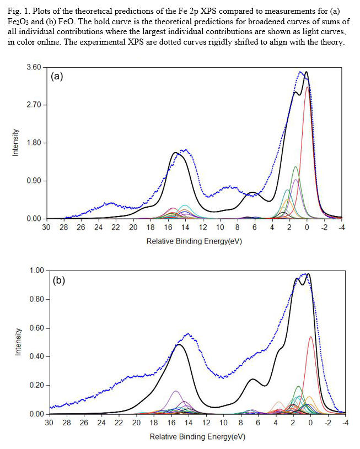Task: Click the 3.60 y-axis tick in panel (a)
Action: (34, 67)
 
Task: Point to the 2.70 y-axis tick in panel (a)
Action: (34, 105)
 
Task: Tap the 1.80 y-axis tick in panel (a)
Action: (34, 143)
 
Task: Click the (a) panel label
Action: (57, 77)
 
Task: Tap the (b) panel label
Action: (59, 280)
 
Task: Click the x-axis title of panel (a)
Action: (194, 241)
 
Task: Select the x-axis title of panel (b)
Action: (197, 437)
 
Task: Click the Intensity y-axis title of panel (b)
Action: (18, 342)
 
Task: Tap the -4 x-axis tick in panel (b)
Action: (345, 423)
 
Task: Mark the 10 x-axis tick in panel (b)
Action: (223, 423)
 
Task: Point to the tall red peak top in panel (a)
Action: (307, 87)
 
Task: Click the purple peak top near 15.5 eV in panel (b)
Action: (176, 391)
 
